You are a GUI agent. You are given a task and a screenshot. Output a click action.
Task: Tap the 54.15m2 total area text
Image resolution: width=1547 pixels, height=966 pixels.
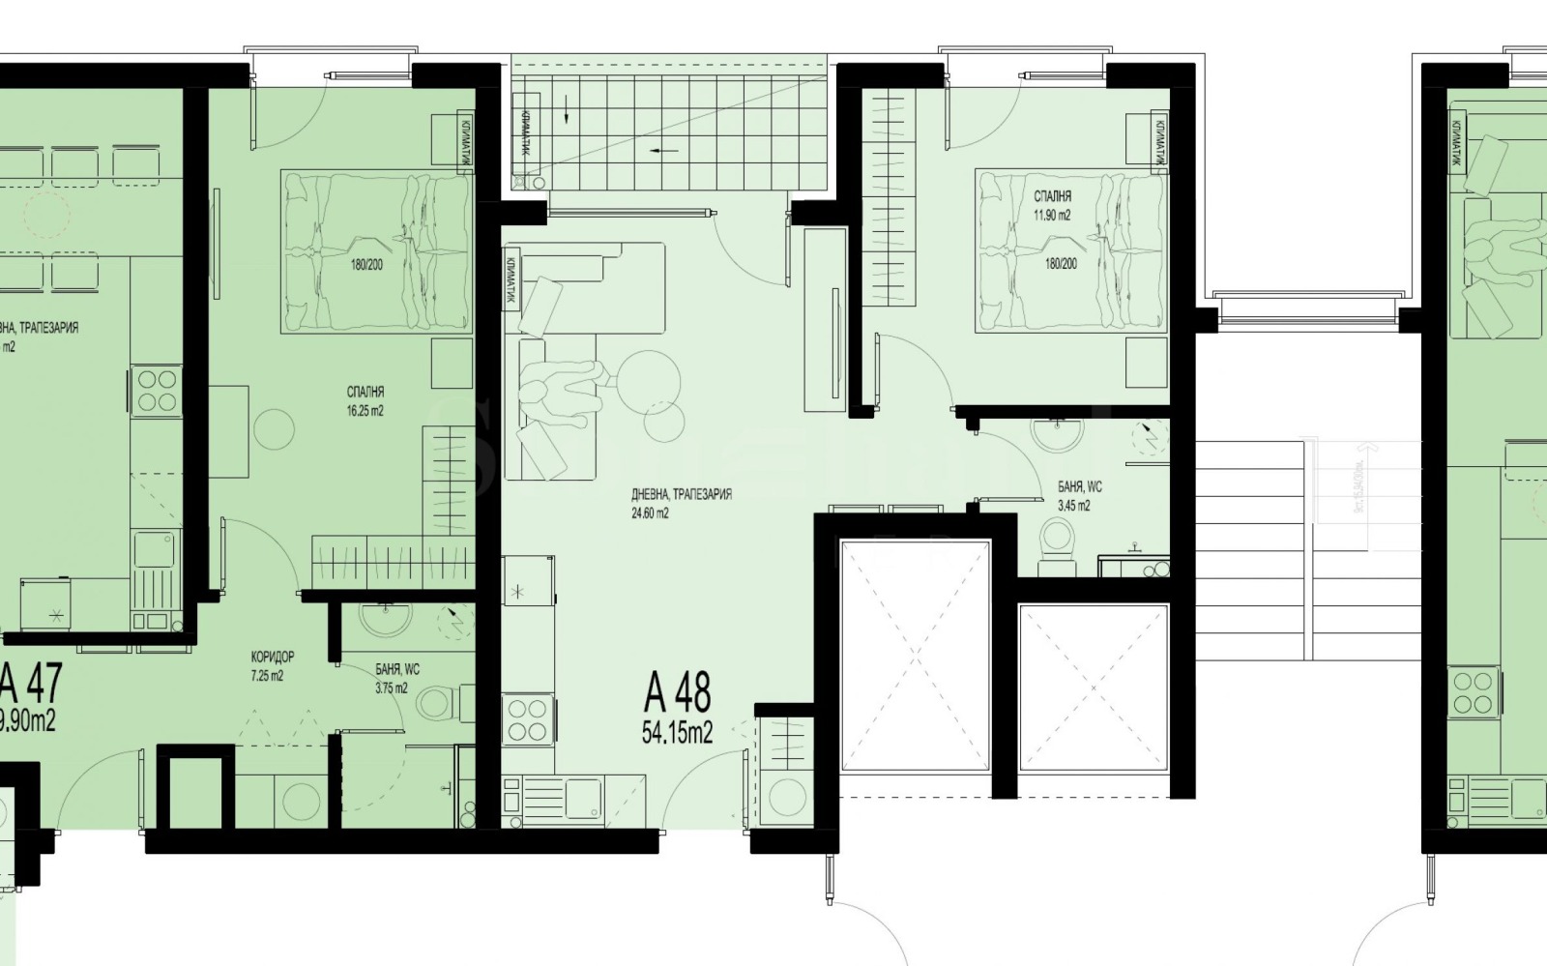coord(677,733)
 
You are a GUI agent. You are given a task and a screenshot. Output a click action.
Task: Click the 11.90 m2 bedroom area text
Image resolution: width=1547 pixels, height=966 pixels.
coord(1052,216)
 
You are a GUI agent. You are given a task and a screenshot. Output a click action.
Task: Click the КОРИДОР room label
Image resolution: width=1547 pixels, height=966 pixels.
coord(272,657)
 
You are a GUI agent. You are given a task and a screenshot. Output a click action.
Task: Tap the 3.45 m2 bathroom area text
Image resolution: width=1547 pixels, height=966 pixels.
coord(1073,506)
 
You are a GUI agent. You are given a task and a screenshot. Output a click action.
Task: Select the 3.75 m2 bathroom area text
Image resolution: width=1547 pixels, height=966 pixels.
coord(392,688)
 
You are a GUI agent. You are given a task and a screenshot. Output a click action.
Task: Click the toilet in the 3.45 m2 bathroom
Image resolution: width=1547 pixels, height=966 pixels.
coord(1060,539)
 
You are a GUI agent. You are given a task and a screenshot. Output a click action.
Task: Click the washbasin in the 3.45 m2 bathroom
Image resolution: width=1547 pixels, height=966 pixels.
coord(1057,432)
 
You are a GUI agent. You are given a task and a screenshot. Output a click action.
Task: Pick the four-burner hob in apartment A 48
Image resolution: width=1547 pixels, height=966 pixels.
coord(528,719)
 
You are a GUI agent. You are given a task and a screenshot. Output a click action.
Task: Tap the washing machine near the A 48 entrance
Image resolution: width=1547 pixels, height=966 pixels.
coord(784,799)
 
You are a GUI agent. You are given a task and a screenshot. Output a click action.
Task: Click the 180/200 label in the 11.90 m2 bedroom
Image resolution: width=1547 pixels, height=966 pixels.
coord(1060,263)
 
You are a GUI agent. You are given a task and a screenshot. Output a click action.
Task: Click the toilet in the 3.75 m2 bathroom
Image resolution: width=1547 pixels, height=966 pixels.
coord(438,703)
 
